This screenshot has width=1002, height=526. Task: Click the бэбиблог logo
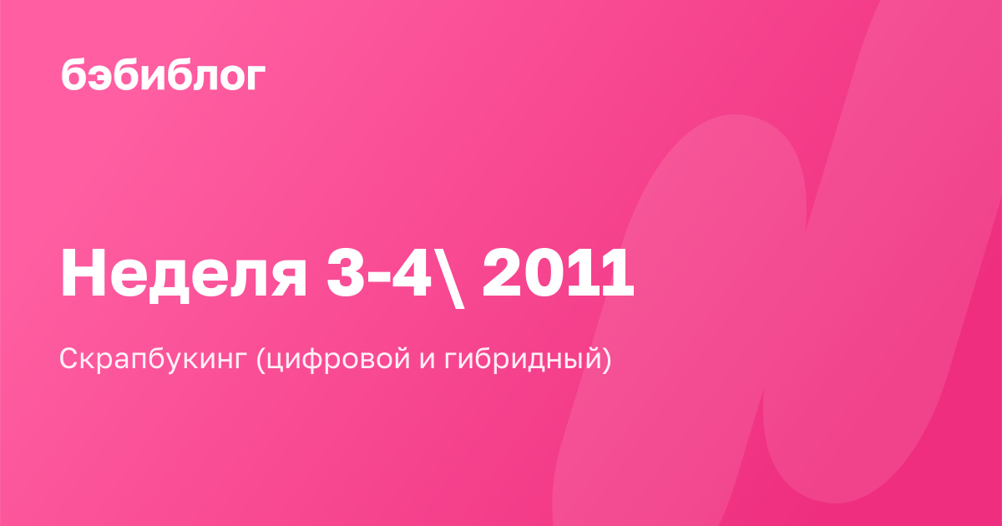[x=164, y=73]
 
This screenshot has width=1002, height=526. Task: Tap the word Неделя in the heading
[x=184, y=273]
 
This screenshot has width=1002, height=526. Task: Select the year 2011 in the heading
[x=558, y=272]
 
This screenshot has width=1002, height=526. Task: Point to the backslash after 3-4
[x=451, y=277]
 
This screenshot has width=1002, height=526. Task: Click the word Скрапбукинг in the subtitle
[x=154, y=359]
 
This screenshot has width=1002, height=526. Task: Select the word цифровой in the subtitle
[x=339, y=359]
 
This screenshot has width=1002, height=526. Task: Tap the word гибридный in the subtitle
[x=523, y=359]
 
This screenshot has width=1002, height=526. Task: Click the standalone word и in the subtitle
[x=428, y=360]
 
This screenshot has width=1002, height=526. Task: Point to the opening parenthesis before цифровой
[x=261, y=359]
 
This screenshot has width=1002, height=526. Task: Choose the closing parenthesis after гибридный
[x=606, y=359]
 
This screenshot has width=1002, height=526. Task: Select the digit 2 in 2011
[x=500, y=272]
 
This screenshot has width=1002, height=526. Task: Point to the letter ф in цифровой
[x=311, y=360]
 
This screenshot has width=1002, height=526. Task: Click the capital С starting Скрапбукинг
[x=71, y=358]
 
